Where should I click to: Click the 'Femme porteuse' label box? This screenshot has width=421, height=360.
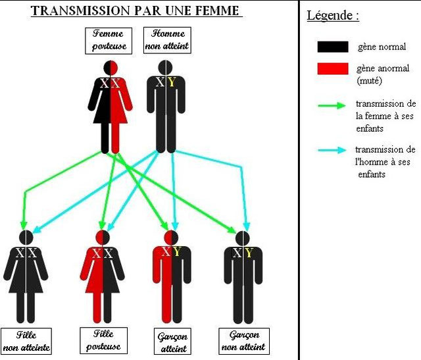click(x=109, y=41)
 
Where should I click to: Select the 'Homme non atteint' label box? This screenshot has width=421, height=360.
click(x=167, y=40)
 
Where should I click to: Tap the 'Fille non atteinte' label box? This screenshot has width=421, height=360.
click(x=26, y=341)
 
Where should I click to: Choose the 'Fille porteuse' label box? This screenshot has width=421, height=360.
click(x=103, y=340)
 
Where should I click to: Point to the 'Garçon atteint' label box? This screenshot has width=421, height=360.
click(x=172, y=341)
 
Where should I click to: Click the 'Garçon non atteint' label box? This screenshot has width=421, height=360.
click(x=244, y=341)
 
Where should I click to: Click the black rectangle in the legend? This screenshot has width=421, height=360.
click(x=333, y=47)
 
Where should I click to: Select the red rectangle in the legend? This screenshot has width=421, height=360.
click(x=333, y=68)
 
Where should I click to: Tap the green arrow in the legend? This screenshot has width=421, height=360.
click(x=332, y=105)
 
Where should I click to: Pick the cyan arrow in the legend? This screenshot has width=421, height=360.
click(x=332, y=150)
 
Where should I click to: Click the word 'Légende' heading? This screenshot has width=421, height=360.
click(x=330, y=16)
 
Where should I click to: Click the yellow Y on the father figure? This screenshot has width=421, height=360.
click(x=172, y=82)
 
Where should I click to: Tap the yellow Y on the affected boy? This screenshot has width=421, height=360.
click(x=176, y=251)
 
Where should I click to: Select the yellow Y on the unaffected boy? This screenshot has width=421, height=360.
click(x=249, y=253)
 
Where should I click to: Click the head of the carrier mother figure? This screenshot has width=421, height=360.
click(x=111, y=68)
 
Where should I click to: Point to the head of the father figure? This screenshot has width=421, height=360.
click(x=166, y=67)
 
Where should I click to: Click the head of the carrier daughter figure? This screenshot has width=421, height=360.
click(x=103, y=238)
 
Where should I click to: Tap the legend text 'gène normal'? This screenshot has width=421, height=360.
click(x=382, y=47)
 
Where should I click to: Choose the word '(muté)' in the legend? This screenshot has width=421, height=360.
click(x=369, y=80)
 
